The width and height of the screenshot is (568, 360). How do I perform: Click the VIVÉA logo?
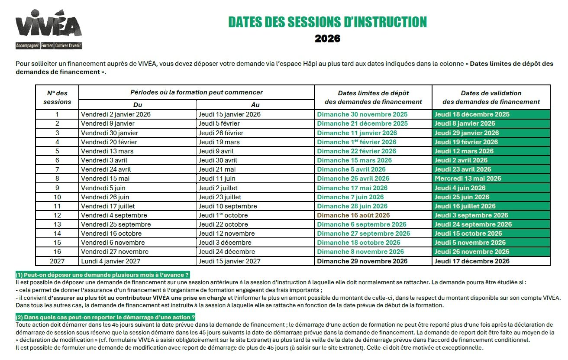pos(48,31)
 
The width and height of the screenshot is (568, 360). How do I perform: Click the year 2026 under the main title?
pos(327,39)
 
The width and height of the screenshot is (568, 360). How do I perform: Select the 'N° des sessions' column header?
pos(57,97)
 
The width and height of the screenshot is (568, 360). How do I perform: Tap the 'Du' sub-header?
pos(138,105)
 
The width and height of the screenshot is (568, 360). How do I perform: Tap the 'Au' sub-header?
pos(255,105)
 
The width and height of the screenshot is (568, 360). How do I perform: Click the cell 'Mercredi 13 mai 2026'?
pos(468,178)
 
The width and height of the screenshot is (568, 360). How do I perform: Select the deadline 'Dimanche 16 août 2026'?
pos(353,215)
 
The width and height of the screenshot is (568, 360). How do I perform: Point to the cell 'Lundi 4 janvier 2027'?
pos(110,261)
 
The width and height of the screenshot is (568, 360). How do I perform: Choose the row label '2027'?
pos(57,261)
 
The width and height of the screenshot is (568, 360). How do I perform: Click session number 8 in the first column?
pos(57,178)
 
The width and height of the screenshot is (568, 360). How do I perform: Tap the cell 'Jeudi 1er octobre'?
pos(223,215)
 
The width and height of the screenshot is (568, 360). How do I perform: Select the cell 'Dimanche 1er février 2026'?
pos(356,142)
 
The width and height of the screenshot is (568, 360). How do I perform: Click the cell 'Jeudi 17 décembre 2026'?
pos(472,261)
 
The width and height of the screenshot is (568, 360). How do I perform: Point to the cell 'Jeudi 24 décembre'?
pos(226,252)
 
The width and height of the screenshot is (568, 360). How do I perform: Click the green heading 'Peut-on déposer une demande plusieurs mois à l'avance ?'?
pos(103,275)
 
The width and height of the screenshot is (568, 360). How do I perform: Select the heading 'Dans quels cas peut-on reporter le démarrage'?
pos(105,318)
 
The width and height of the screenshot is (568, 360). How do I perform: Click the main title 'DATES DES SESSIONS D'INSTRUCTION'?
pos(327,22)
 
